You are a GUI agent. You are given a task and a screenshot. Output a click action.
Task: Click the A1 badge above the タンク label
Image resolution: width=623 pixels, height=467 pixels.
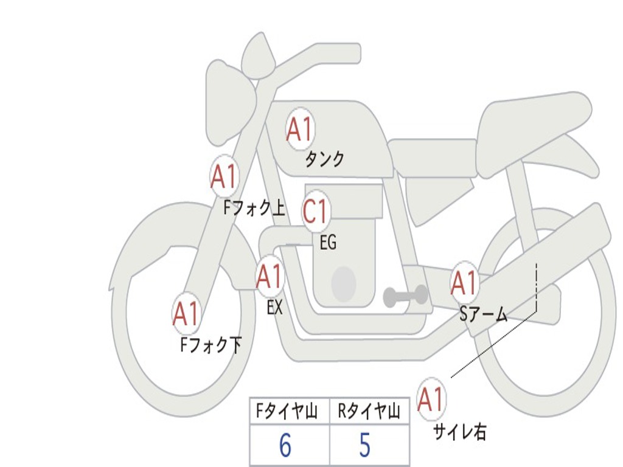tap(299, 129)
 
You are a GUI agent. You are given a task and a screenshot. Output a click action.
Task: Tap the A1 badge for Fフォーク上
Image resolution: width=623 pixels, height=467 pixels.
tap(224, 177)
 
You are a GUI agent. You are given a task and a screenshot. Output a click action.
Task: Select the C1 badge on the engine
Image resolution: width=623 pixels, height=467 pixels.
tap(316, 212)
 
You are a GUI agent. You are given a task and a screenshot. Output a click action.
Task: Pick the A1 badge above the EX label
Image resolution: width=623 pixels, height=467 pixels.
tap(270, 277)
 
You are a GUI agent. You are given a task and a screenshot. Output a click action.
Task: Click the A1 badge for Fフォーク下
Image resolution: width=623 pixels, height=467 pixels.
tap(186, 314)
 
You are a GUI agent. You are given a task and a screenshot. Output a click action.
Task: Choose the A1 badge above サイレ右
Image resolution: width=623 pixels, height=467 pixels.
tap(431, 400)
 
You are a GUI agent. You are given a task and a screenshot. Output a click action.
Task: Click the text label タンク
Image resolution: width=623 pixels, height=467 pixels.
tap(324, 159)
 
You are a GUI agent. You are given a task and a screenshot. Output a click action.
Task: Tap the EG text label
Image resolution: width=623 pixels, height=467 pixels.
tap(328, 243)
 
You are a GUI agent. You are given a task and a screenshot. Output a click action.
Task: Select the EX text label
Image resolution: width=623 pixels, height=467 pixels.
tap(275, 308)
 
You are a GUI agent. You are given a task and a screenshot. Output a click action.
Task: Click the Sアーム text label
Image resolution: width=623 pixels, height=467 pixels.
tap(484, 314)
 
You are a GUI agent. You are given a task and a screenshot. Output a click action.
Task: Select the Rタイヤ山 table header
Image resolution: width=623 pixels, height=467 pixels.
tap(369, 412)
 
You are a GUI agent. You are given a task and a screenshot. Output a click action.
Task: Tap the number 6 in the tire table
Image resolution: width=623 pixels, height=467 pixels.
tap(285, 446)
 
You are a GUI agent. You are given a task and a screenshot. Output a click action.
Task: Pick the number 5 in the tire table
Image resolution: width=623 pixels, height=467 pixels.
tap(365, 446)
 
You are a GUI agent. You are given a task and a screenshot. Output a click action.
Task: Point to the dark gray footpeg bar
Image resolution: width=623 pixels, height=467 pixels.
tap(405, 296)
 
